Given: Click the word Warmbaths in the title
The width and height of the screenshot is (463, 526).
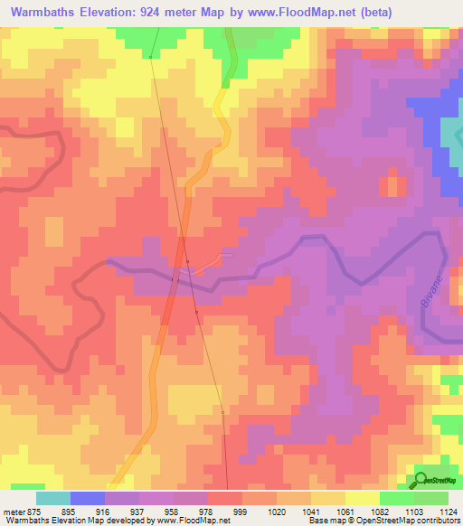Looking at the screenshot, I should (44, 11).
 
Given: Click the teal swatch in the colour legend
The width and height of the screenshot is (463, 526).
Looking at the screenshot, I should (52, 498).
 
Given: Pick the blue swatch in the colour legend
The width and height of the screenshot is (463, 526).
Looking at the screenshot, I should (87, 498).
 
